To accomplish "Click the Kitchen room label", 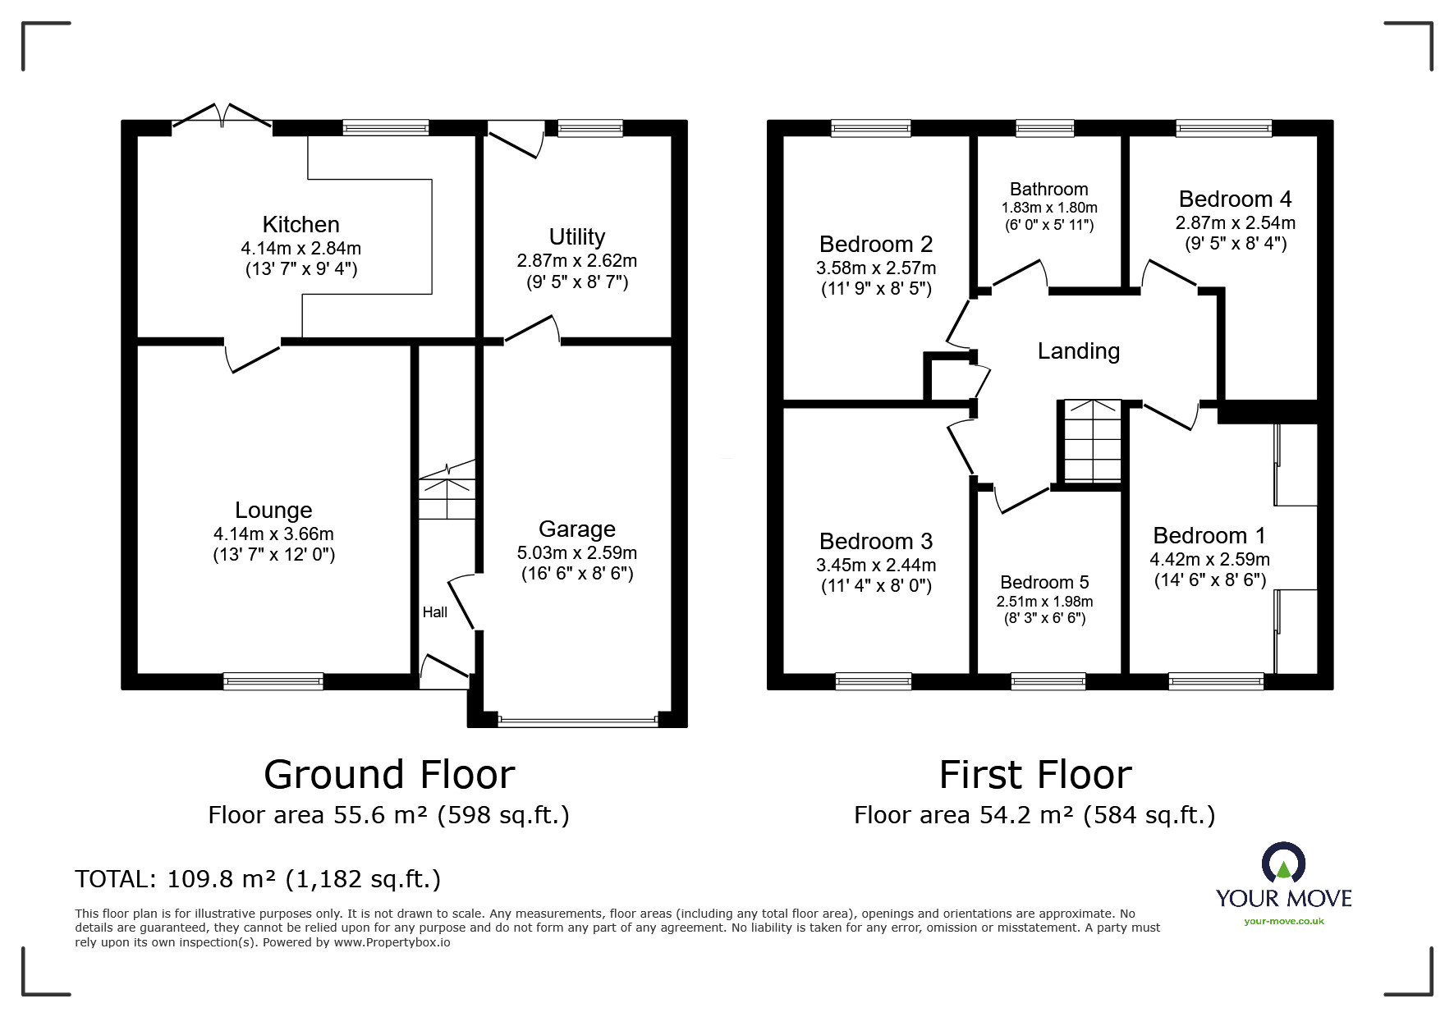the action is pyautogui.click(x=300, y=224).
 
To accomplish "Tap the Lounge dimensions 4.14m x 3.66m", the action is pyautogui.click(x=273, y=534).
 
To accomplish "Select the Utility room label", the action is pyautogui.click(x=577, y=236).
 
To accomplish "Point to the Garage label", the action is pyautogui.click(x=577, y=529).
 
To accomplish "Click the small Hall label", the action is pyautogui.click(x=435, y=612).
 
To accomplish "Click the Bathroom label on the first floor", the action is pyautogui.click(x=1049, y=190).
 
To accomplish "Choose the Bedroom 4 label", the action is pyautogui.click(x=1236, y=199).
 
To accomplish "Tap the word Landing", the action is pyautogui.click(x=1079, y=351).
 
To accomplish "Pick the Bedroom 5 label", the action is pyautogui.click(x=1045, y=582).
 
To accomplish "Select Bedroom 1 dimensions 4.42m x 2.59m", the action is pyautogui.click(x=1210, y=560).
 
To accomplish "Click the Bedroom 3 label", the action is pyautogui.click(x=876, y=541).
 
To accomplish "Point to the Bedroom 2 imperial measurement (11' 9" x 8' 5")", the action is pyautogui.click(x=877, y=289).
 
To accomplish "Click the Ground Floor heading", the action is pyautogui.click(x=389, y=774).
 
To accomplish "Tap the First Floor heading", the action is pyautogui.click(x=1035, y=774).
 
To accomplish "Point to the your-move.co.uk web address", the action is pyautogui.click(x=1284, y=921).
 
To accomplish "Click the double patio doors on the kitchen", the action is pyautogui.click(x=222, y=117).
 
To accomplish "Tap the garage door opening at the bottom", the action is pyautogui.click(x=578, y=722).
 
